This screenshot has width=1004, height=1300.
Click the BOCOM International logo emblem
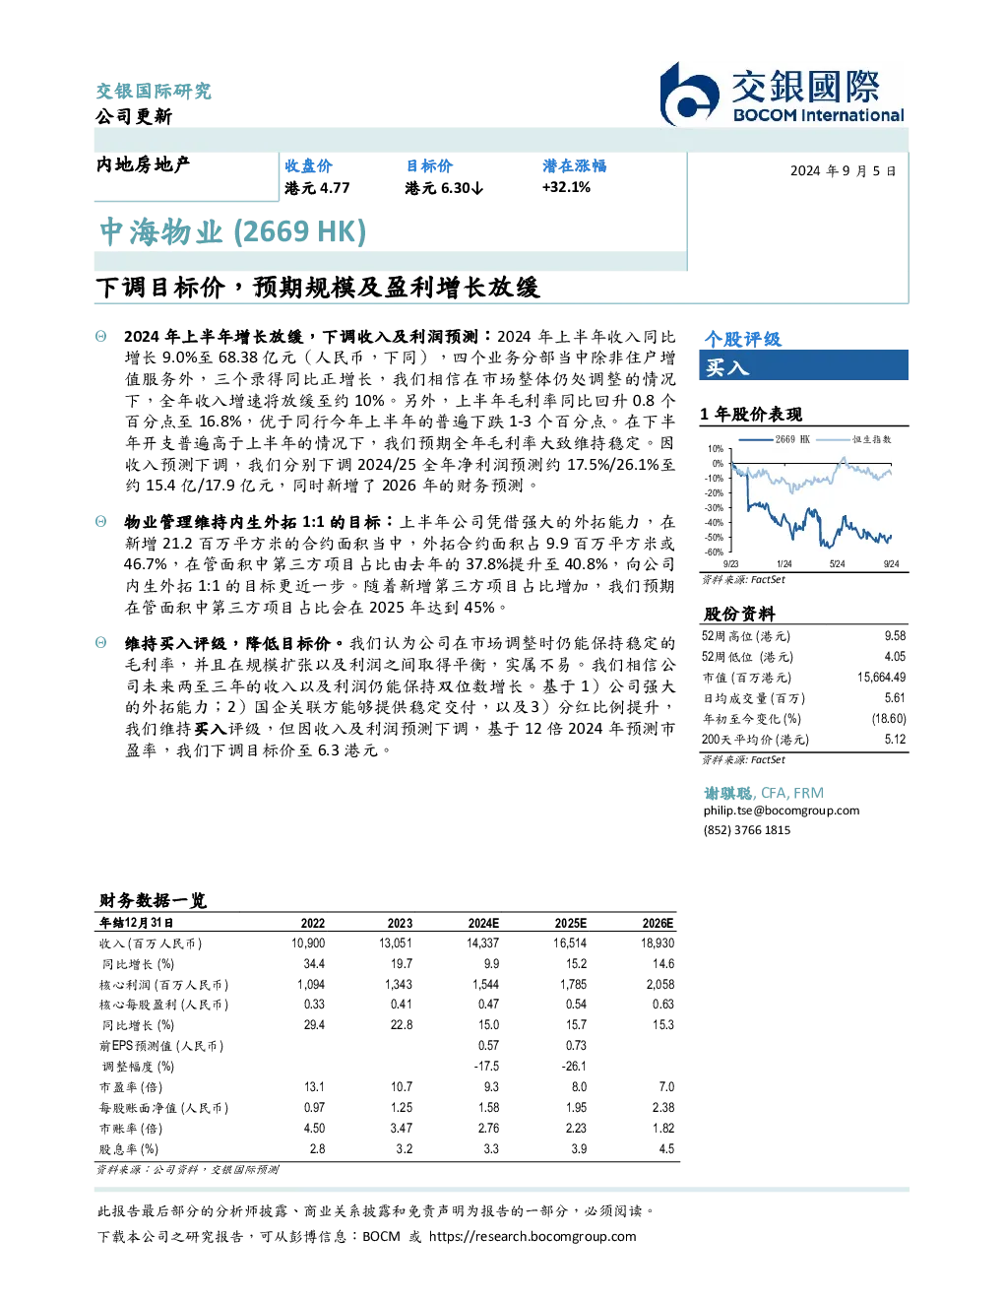[x=689, y=94]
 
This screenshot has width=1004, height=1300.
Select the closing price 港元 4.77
[x=317, y=188]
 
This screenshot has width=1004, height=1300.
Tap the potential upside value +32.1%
[x=566, y=187]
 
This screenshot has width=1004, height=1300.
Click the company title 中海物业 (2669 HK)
[x=233, y=231]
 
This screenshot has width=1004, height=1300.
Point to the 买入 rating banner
[x=803, y=365]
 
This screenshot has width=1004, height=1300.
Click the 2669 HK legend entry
[x=775, y=439]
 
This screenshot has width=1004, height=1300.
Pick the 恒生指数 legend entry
[x=854, y=439]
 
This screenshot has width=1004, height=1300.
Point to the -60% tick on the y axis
[x=715, y=552]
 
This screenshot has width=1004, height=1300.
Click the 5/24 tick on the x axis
[x=838, y=564]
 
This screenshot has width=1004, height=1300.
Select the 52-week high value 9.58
[x=895, y=636]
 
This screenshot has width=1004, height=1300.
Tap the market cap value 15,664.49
[x=881, y=678]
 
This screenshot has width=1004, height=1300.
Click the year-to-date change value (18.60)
[x=889, y=719]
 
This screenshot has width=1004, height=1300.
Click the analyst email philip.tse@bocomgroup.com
[x=781, y=811]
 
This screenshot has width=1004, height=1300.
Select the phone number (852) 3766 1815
[x=747, y=830]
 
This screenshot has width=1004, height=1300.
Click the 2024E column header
[x=483, y=923]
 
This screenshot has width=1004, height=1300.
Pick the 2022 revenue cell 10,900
[x=308, y=943]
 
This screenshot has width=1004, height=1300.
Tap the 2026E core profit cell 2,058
[x=660, y=984]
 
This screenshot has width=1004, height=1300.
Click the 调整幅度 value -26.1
[x=574, y=1066]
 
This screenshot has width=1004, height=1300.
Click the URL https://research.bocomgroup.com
[x=533, y=1237]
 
